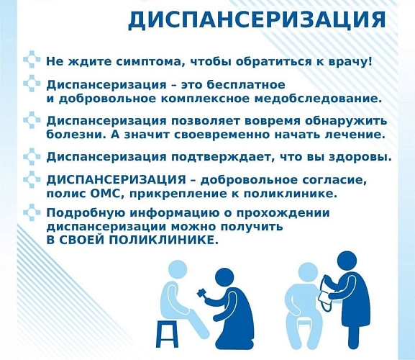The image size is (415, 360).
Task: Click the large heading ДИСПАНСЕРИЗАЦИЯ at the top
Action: [256, 19]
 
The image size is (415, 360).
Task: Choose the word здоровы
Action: [360, 157]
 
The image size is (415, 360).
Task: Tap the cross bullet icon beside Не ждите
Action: [32, 60]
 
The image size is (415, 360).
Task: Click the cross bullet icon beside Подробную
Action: [32, 213]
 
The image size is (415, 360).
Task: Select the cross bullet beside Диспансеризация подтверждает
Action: [32, 156]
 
